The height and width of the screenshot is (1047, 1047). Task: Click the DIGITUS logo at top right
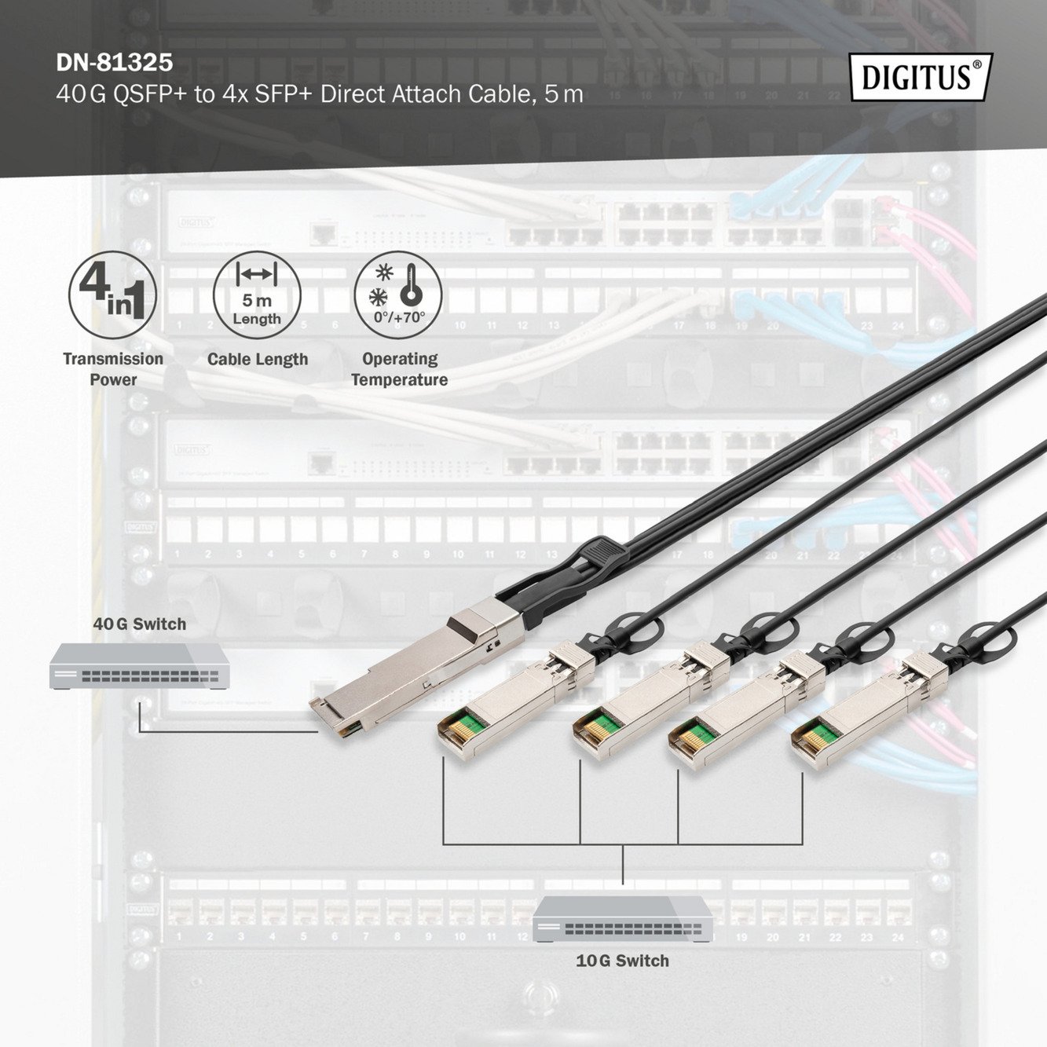click(x=921, y=77)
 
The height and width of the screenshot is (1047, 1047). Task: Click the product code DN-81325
click(x=115, y=63)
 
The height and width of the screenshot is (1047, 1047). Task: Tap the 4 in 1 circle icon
click(x=112, y=295)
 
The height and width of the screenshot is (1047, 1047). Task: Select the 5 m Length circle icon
click(x=257, y=295)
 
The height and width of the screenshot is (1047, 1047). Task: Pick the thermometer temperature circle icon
click(x=398, y=295)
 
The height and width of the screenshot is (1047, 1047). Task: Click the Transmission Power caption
click(x=113, y=369)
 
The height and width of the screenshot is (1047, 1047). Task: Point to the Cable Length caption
click(x=258, y=359)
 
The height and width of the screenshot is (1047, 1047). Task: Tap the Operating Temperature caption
click(x=400, y=369)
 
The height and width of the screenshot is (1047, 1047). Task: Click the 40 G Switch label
click(x=140, y=624)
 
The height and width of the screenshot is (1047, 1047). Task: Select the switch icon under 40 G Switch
click(x=140, y=666)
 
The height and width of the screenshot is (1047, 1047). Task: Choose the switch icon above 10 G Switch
click(x=623, y=919)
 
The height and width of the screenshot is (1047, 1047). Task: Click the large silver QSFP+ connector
click(x=417, y=665)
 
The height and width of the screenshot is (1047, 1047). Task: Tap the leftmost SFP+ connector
click(x=516, y=700)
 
